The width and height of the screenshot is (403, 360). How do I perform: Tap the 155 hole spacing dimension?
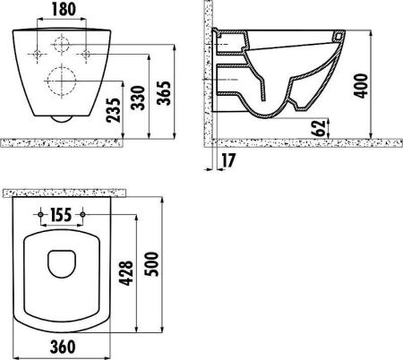pos(64,215)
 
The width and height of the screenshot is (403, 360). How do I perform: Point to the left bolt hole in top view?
pos(43,216)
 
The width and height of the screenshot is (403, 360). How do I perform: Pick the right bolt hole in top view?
pos(83,216)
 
